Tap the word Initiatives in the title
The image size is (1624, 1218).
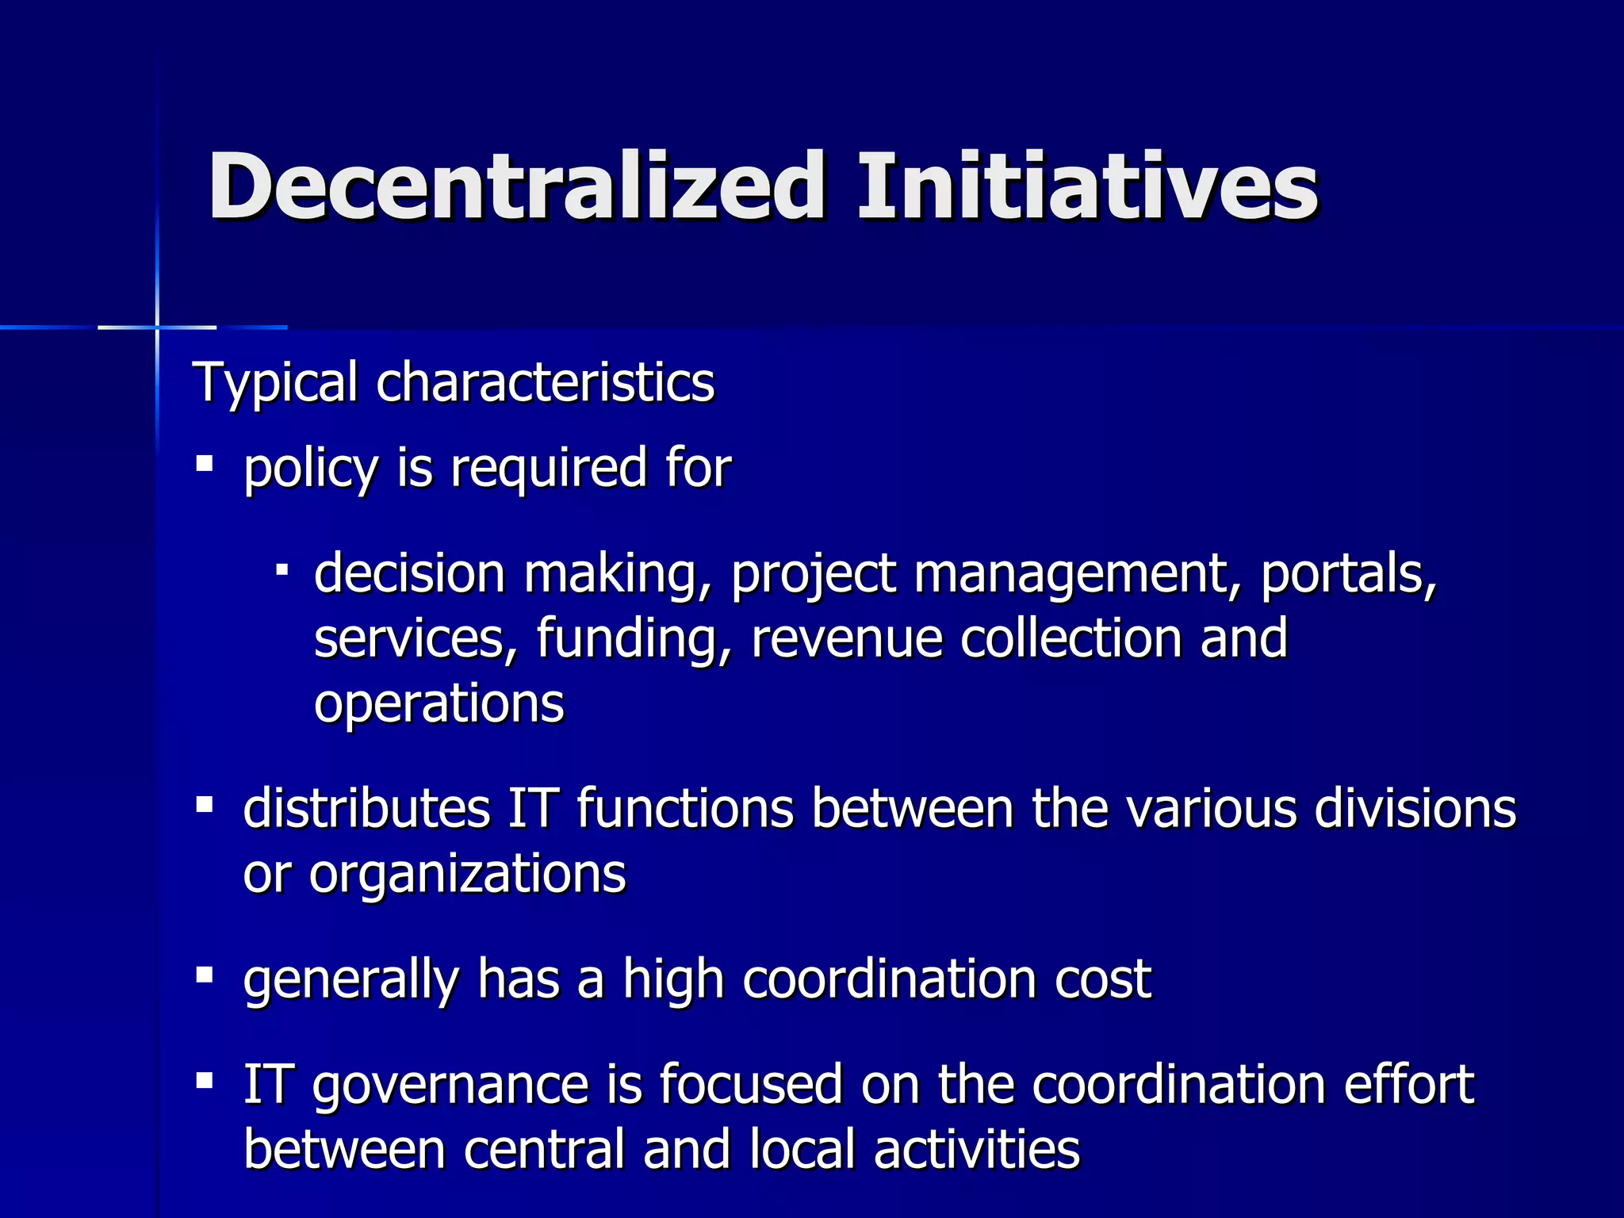tap(1087, 187)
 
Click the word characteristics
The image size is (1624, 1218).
tap(545, 382)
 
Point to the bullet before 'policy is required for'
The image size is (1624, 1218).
tap(205, 462)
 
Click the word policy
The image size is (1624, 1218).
tap(310, 469)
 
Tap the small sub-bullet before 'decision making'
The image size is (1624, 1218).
tap(282, 569)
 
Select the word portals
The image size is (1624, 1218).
tap(1348, 574)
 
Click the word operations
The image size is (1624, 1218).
tap(439, 704)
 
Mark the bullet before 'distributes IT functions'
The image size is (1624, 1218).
tap(205, 805)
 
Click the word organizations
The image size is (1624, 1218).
tap(467, 875)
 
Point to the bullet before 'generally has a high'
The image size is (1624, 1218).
tap(205, 975)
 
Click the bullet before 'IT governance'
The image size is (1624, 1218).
tap(205, 1080)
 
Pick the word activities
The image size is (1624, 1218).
tap(976, 1150)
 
